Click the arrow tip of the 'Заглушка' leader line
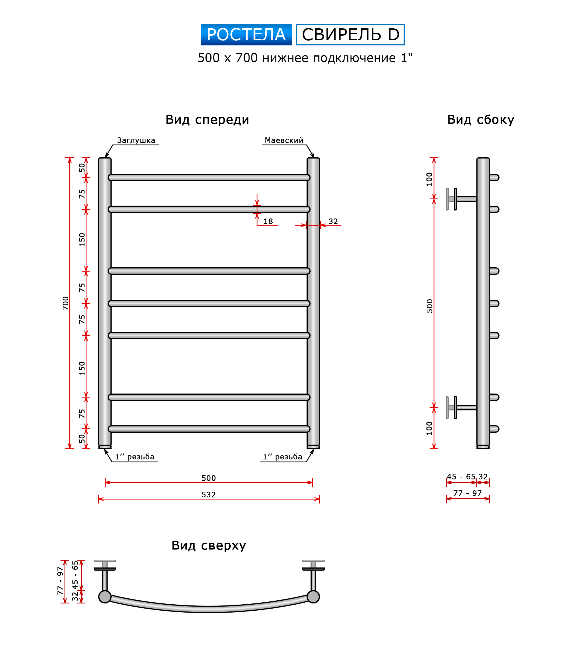tap(106, 158)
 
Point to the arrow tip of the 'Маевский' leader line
tap(314, 158)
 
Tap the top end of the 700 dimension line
tap(70, 158)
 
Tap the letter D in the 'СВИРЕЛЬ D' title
tap(393, 35)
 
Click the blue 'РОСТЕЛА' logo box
tap(246, 35)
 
